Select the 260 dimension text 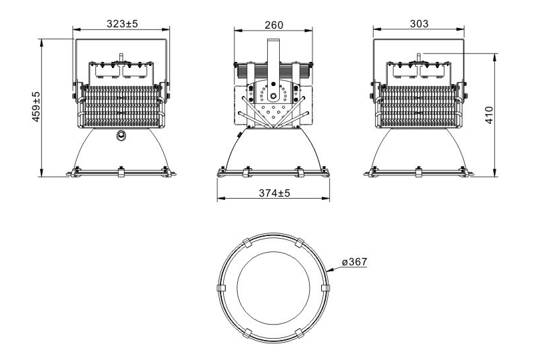pos(273,25)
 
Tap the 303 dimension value pos(418,23)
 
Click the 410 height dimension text pos(508,117)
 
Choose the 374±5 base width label pos(273,193)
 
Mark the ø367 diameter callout pos(354,262)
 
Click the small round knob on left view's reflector pos(121,136)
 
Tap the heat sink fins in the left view pos(121,107)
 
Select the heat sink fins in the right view pos(418,107)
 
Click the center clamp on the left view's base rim pos(121,172)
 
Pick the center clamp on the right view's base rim pos(418,172)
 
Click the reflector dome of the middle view pos(273,150)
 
